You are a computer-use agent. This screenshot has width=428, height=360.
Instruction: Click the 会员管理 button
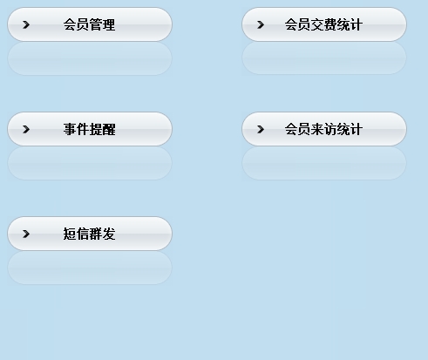click(x=90, y=24)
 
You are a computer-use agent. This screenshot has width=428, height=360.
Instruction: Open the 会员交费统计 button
click(x=324, y=24)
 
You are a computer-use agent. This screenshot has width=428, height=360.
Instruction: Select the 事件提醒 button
click(x=90, y=129)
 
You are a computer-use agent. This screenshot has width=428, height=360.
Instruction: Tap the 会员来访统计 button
click(x=324, y=129)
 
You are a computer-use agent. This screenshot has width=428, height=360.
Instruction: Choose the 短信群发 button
click(x=90, y=234)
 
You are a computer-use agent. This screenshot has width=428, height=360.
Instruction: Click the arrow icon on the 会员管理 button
click(x=26, y=24)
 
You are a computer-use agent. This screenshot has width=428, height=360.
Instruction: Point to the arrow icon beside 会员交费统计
click(x=261, y=24)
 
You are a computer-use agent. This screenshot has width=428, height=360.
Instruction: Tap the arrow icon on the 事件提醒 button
click(x=26, y=129)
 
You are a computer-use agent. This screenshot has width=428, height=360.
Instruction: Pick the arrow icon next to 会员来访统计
click(x=261, y=129)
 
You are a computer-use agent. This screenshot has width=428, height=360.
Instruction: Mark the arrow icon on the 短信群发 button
click(x=26, y=234)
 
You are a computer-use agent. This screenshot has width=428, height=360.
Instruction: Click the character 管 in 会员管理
click(x=96, y=24)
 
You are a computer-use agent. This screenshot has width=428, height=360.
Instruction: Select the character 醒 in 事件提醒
click(x=109, y=129)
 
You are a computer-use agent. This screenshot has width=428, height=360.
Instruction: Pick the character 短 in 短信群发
click(x=70, y=234)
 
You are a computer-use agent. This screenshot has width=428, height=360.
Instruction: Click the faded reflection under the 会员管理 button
click(x=90, y=58)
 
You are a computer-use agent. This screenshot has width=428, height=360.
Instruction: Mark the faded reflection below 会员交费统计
click(x=324, y=58)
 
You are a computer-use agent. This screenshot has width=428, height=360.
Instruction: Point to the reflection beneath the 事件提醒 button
click(x=90, y=163)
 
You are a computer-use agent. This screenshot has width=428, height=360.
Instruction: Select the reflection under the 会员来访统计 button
click(x=324, y=163)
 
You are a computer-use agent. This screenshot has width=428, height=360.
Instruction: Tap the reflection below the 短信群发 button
click(x=90, y=268)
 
